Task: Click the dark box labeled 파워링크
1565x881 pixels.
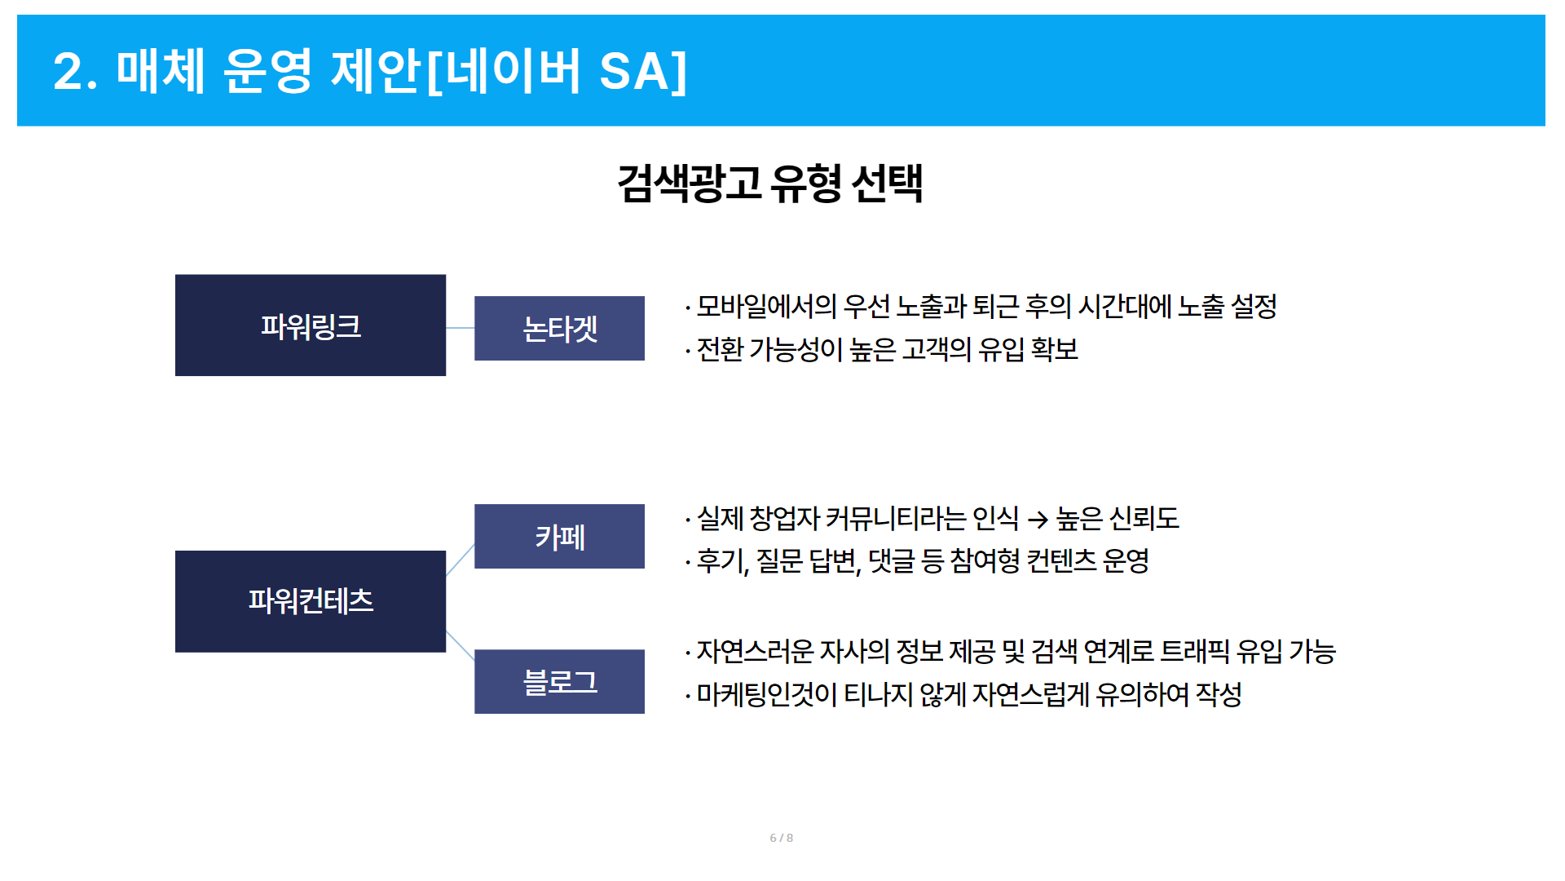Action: [x=311, y=325]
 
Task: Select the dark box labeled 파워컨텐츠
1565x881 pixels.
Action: [x=311, y=601]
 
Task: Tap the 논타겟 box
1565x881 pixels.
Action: [x=559, y=328]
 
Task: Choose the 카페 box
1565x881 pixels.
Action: [x=559, y=536]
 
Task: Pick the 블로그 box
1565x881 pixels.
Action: [x=559, y=681]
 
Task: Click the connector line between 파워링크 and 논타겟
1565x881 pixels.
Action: [x=461, y=328]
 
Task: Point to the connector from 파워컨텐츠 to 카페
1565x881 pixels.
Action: [x=461, y=560]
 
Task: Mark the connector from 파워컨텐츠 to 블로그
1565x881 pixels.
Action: [x=461, y=645]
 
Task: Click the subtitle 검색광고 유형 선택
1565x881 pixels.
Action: [x=770, y=182]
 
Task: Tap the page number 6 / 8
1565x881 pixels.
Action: [x=781, y=838]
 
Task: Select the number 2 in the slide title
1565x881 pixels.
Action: [x=68, y=71]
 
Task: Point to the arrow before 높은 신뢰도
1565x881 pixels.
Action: [x=1037, y=519]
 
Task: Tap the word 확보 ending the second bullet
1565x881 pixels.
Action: [x=1054, y=349]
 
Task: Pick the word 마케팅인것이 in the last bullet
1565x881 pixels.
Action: [x=766, y=694]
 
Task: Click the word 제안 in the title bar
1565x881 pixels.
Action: [x=376, y=71]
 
